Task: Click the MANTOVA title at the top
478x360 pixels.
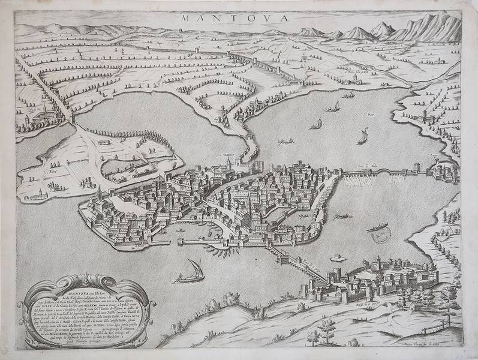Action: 235,17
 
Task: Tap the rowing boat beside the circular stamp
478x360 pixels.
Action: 375,228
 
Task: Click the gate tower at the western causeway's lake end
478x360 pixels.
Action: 73,121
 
